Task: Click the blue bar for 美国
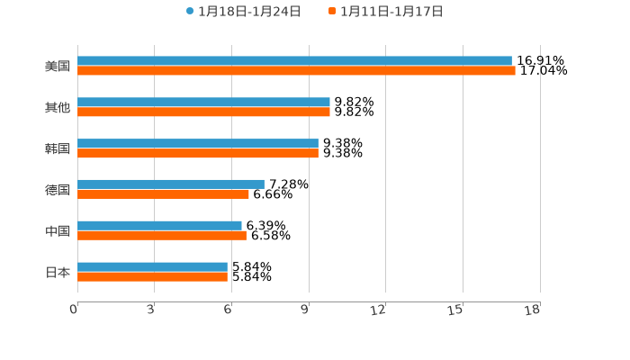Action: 294,61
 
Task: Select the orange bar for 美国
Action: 296,71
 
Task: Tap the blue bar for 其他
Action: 203,103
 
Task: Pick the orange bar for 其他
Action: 203,112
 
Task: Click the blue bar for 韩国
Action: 198,144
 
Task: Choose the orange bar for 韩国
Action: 198,154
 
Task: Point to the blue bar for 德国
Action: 171,184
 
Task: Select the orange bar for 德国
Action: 163,193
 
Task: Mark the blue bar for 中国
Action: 159,225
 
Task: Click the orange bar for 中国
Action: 162,235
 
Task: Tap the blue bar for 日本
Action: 152,266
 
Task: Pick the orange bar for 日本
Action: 152,276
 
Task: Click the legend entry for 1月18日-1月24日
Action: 243,12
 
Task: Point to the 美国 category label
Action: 58,66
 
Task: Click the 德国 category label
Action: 58,190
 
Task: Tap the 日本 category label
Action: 58,272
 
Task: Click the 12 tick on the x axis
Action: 378,310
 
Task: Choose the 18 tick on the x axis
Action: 532,310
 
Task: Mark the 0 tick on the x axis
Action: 74,310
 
